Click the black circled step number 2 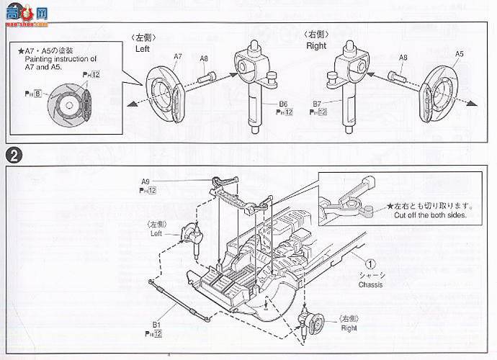13,154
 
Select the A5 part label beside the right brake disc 460,54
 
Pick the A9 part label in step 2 145,181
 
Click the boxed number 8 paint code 37,93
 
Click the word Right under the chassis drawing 349,328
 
